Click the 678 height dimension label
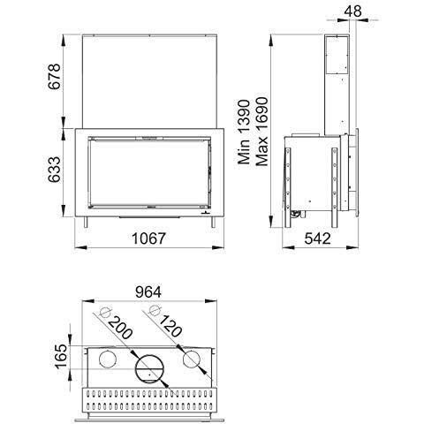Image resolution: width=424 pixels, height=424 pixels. pyautogui.click(x=55, y=76)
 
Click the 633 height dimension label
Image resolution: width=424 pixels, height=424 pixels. pyautogui.click(x=55, y=170)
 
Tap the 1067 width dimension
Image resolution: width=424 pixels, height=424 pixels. pyautogui.click(x=148, y=238)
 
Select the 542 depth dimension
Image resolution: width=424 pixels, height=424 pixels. pyautogui.click(x=317, y=238)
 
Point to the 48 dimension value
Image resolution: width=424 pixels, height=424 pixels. pyautogui.click(x=352, y=11)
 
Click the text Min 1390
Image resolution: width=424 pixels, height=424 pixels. pyautogui.click(x=244, y=132)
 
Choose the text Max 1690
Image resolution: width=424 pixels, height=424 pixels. pyautogui.click(x=261, y=132)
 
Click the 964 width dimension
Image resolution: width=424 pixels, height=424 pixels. pyautogui.click(x=148, y=292)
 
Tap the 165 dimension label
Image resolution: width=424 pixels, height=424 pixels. pyautogui.click(x=61, y=356)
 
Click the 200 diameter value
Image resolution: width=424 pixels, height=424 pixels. pyautogui.click(x=120, y=328)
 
